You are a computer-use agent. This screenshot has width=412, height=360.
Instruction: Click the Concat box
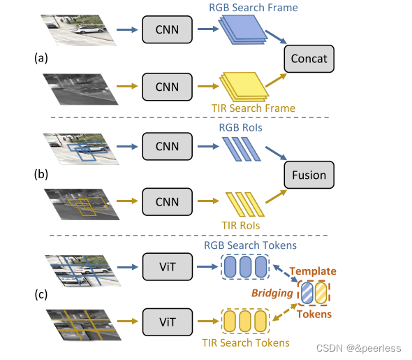tap(309, 58)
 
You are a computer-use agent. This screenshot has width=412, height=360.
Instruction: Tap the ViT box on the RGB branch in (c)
tap(165, 266)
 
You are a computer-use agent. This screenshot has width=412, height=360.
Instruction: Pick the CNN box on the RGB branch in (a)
tap(165, 30)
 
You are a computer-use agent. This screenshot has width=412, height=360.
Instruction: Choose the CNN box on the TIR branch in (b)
tap(165, 201)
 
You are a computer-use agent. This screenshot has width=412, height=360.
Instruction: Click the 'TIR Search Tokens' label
tap(247, 343)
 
